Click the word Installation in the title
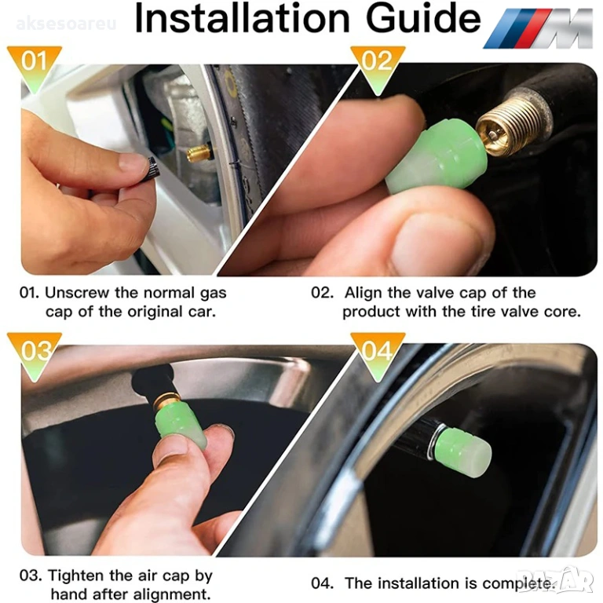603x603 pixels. [x=243, y=19]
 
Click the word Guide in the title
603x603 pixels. [x=423, y=19]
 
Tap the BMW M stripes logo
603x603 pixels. [x=538, y=28]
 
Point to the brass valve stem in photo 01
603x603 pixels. [x=199, y=152]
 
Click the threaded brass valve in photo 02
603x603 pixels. [x=507, y=129]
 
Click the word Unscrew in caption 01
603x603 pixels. [x=77, y=293]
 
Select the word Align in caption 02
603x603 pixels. [x=364, y=294]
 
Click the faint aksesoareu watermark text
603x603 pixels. [x=66, y=24]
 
